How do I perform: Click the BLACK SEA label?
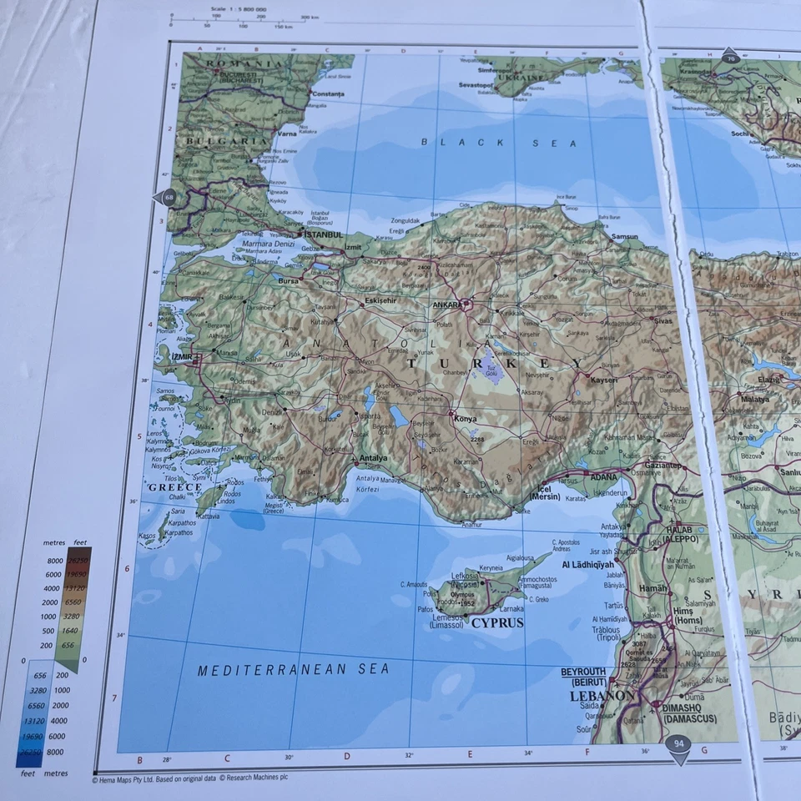point(498,143)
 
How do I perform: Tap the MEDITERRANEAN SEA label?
point(294,669)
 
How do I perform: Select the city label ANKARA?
point(447,305)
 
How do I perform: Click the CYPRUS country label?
point(497,622)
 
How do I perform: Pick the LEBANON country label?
point(602,695)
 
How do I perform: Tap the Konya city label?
point(465,419)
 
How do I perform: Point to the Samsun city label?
point(624,237)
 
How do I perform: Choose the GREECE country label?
point(175,487)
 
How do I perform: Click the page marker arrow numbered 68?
point(166,198)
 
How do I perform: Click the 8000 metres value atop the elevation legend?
point(54,561)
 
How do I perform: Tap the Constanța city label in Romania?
point(327,94)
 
